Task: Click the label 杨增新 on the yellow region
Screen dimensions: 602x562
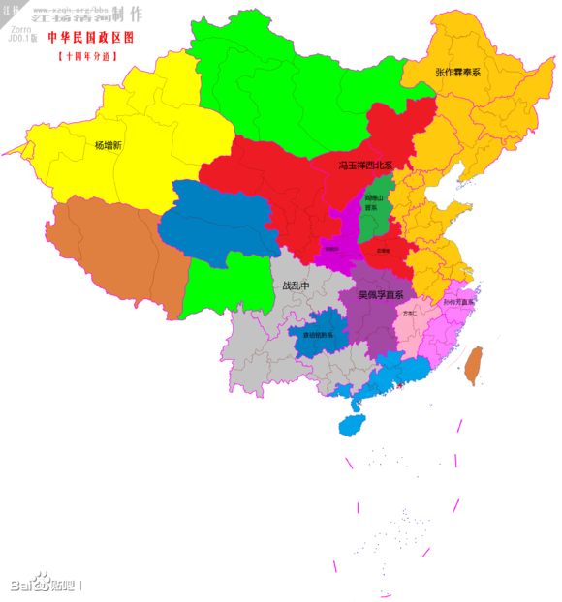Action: click(109, 145)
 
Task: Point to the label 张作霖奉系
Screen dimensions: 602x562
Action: click(457, 73)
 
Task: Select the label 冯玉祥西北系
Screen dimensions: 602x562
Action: click(365, 166)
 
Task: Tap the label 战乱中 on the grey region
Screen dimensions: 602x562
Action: click(295, 286)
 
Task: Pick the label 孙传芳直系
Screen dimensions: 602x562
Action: click(458, 302)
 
